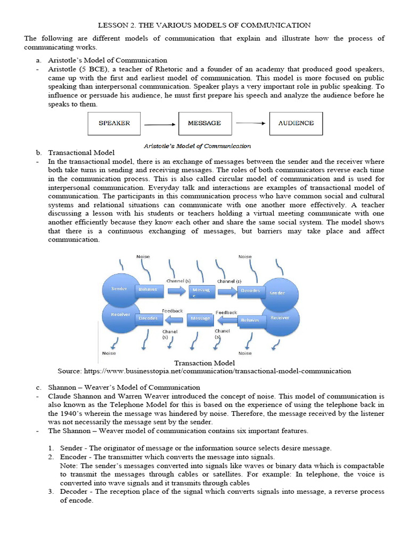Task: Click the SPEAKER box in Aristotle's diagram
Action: pyautogui.click(x=114, y=123)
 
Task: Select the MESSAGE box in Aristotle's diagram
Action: pyautogui.click(x=204, y=123)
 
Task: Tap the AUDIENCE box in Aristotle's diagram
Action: pyautogui.click(x=296, y=123)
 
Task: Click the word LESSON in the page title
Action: pyautogui.click(x=114, y=25)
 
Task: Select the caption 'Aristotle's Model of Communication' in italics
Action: pyautogui.click(x=197, y=146)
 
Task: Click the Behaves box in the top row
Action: pyautogui.click(x=148, y=289)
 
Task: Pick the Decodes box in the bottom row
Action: pyautogui.click(x=148, y=318)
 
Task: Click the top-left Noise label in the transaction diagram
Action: pyautogui.click(x=143, y=256)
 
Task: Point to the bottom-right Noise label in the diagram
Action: pyautogui.click(x=245, y=352)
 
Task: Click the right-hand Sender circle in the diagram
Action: pyautogui.click(x=277, y=292)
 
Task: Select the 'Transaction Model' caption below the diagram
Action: pyautogui.click(x=204, y=363)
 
